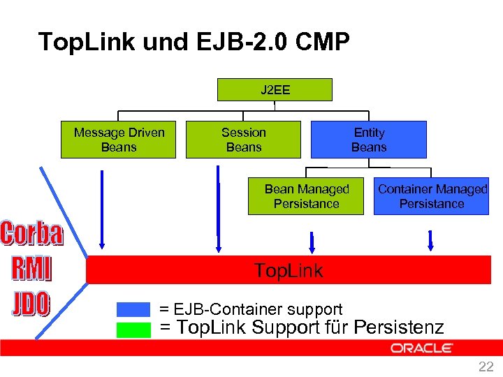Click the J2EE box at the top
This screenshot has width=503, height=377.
click(x=275, y=90)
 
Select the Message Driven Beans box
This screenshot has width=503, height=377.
click(x=119, y=140)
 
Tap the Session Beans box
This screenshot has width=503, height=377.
click(x=243, y=140)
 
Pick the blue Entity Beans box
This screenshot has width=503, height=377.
click(x=368, y=140)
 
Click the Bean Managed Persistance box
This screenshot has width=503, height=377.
click(x=306, y=197)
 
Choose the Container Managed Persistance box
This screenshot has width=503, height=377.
click(x=432, y=197)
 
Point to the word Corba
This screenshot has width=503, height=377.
click(x=31, y=235)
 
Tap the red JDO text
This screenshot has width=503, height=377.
click(x=31, y=304)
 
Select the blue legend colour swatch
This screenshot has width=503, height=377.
click(x=133, y=309)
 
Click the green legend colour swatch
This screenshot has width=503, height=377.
click(x=133, y=329)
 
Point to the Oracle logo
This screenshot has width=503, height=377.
click(x=422, y=348)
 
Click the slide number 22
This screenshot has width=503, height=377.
click(x=486, y=367)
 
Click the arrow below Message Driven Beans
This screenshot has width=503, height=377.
click(x=103, y=209)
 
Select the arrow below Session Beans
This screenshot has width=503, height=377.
click(x=219, y=209)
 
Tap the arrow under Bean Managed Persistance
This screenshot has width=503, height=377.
click(x=312, y=242)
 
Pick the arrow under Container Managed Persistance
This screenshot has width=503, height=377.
click(x=430, y=239)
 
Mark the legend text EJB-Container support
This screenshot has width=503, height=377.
click(x=251, y=309)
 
